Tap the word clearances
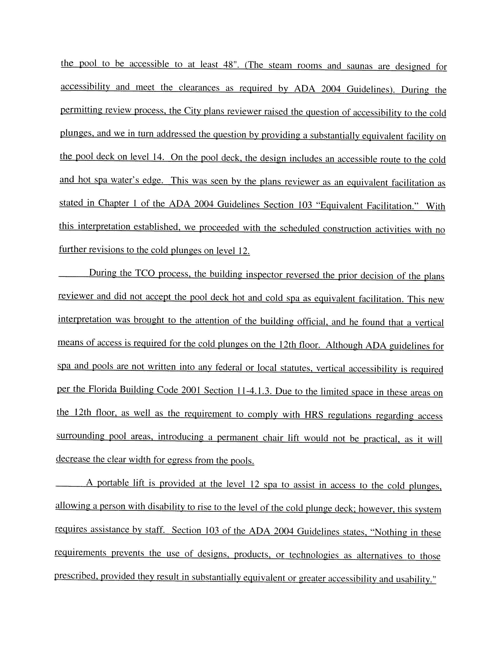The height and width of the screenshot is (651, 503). point(199,88)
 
